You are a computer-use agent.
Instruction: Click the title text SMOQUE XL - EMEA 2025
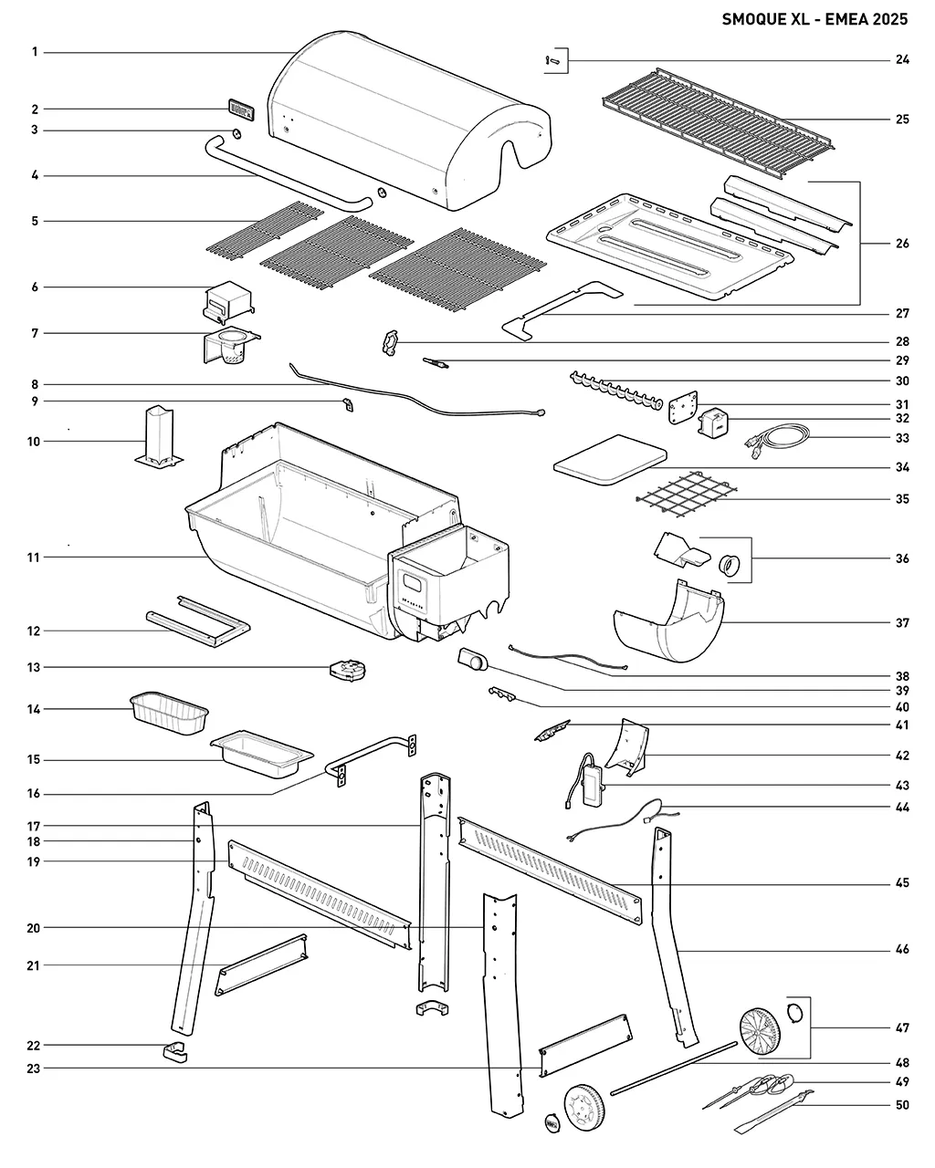coord(814,19)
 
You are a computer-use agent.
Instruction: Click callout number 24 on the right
coord(902,59)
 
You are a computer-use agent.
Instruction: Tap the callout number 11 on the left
coord(34,558)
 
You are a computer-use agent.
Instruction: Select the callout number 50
coord(902,1104)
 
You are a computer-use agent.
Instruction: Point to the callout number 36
coord(902,558)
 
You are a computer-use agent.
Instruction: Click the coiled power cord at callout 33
coord(777,441)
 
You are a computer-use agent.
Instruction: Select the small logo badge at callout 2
coord(241,110)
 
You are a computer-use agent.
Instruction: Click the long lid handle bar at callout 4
coord(288,175)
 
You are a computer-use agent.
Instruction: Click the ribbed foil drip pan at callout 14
coord(169,713)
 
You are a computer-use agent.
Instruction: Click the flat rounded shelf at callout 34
coord(610,459)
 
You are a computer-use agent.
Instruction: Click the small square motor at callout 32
coord(713,422)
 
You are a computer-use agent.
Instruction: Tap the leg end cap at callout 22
coord(175,1052)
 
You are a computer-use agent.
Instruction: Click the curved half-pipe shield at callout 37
coord(669,624)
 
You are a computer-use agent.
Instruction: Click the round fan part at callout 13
coord(348,670)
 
